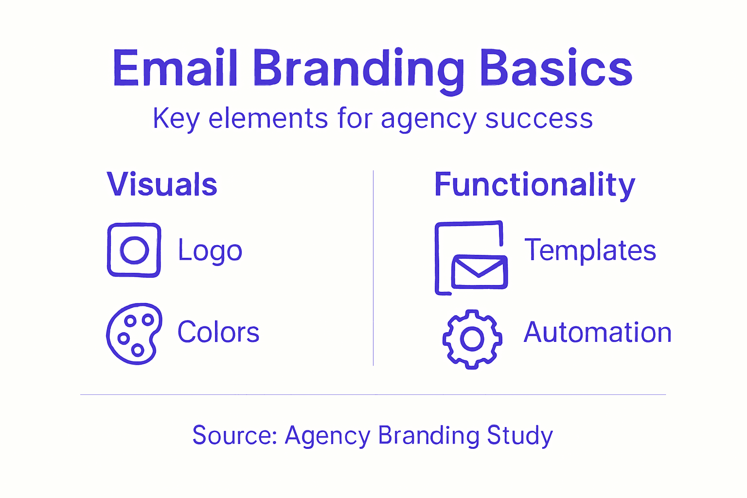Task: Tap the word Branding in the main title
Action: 358,69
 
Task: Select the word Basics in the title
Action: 555,68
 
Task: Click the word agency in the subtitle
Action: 428,120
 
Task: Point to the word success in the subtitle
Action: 539,119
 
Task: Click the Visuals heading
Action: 162,185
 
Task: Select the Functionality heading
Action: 534,185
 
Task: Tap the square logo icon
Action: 134,250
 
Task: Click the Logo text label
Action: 210,251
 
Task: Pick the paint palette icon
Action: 134,334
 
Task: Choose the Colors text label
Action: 218,332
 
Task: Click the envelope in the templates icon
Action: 480,272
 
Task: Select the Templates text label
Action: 590,250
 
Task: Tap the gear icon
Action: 472,339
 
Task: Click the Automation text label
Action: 597,333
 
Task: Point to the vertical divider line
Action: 373,267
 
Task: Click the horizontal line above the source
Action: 373,394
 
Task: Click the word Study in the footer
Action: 519,436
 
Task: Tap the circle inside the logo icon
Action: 134,250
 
